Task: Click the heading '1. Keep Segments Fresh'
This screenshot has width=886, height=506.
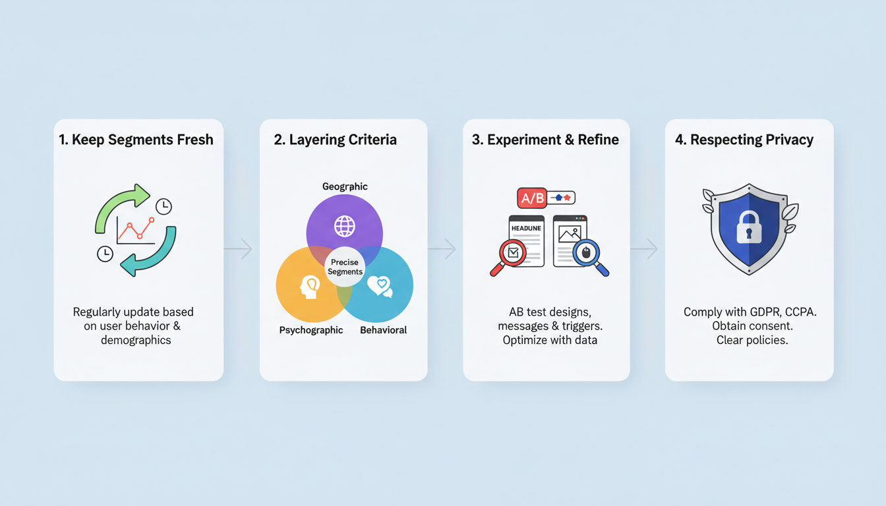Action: coord(136,140)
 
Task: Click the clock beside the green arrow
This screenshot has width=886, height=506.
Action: coord(163,206)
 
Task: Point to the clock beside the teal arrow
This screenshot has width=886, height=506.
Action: coord(105,254)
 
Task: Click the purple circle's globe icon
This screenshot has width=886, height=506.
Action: coord(344,226)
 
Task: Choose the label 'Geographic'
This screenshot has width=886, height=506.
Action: coord(345,186)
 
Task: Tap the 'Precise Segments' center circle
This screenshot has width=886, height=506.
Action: coord(345,267)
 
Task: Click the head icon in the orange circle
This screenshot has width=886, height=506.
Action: coord(309,286)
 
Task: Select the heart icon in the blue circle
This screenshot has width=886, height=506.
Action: coord(380,286)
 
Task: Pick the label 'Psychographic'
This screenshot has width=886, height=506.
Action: coord(311,330)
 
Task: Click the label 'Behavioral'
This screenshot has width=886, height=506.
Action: coord(383,330)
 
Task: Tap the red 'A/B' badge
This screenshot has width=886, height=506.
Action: coord(531,198)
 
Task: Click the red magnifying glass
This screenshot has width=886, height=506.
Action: coord(511,253)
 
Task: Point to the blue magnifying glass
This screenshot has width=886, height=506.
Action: coord(587,253)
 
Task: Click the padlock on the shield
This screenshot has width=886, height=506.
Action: coord(749,227)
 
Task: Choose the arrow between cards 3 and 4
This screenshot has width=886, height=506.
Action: coord(647,249)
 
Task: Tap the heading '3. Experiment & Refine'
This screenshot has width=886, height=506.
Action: coord(545,140)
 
